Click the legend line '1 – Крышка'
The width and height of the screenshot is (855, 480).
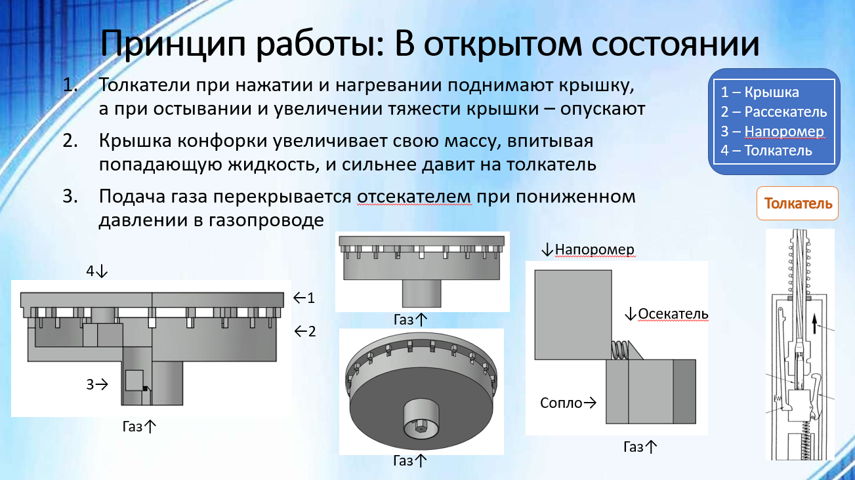tap(760, 92)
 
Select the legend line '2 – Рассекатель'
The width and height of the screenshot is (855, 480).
tap(774, 111)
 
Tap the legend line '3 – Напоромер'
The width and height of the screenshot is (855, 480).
tap(772, 131)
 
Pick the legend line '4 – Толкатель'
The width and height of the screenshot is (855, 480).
tap(766, 151)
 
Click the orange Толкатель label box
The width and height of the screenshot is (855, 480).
tap(797, 203)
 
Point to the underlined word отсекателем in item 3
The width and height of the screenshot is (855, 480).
tap(414, 197)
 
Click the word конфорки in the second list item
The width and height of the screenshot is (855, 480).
tap(224, 141)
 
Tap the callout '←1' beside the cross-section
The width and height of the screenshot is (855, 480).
tap(304, 298)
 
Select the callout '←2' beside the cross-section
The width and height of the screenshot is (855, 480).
tap(305, 331)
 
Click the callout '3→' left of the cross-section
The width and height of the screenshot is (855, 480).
tap(97, 384)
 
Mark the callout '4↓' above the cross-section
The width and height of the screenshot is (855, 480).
tap(97, 271)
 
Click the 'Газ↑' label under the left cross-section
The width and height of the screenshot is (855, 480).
tap(139, 426)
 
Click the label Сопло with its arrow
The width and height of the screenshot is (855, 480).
tap(568, 403)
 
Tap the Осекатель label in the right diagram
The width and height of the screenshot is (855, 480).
tap(667, 314)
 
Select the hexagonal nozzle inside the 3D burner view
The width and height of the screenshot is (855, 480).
tap(421, 428)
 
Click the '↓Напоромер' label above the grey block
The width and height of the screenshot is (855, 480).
tap(588, 250)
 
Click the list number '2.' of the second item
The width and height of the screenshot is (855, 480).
tap(70, 141)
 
